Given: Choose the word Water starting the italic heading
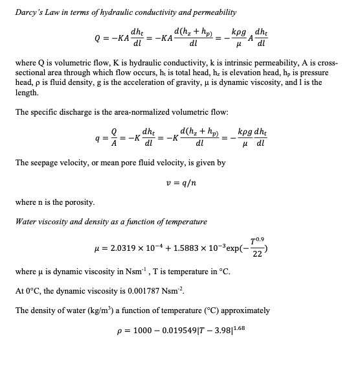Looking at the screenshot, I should tap(26, 222).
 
